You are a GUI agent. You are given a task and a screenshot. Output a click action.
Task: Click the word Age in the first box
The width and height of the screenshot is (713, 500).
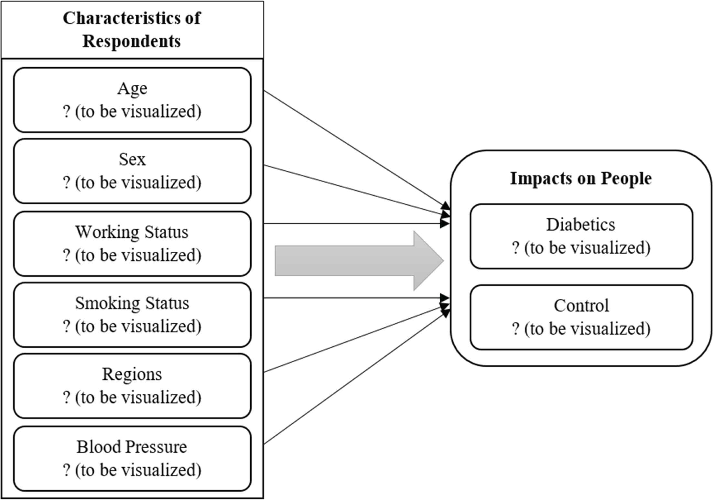[132, 88]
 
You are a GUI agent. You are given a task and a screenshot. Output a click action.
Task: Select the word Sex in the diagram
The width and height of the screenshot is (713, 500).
[132, 159]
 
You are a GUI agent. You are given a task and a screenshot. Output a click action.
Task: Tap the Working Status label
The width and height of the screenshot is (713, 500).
[132, 232]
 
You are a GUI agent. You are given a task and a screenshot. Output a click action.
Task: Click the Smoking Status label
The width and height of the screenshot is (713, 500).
[132, 303]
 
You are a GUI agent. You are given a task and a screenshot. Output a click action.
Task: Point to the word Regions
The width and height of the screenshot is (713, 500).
[132, 374]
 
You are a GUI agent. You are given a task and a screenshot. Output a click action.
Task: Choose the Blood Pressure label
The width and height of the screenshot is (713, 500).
[132, 447]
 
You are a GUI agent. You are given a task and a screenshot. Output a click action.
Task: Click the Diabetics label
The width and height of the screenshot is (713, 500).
[580, 224]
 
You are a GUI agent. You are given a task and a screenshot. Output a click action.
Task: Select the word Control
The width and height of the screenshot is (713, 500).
[581, 305]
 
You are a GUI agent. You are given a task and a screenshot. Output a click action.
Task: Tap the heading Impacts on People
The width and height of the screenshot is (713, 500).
[581, 178]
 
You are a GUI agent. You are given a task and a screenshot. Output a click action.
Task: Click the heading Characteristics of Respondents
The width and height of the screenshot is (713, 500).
[132, 29]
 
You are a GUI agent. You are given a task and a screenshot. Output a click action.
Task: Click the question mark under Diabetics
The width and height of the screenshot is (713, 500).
[516, 248]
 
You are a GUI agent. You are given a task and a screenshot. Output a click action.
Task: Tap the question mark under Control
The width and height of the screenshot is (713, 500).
[516, 329]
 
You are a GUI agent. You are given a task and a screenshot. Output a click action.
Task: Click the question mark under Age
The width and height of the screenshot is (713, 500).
[66, 112]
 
